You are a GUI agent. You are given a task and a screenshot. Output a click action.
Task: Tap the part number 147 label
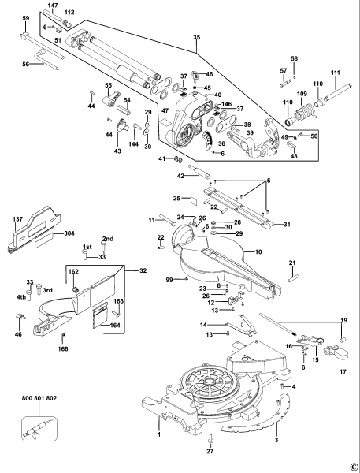coord(75,6)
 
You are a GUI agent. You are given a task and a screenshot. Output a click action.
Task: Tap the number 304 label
coord(69,233)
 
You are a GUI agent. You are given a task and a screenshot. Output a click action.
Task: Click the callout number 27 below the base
coord(210,451)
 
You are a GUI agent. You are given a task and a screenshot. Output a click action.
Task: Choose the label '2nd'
coord(109,239)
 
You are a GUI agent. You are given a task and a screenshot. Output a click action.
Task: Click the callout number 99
coord(168,279)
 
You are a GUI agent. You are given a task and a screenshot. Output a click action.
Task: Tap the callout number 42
coord(180,176)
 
